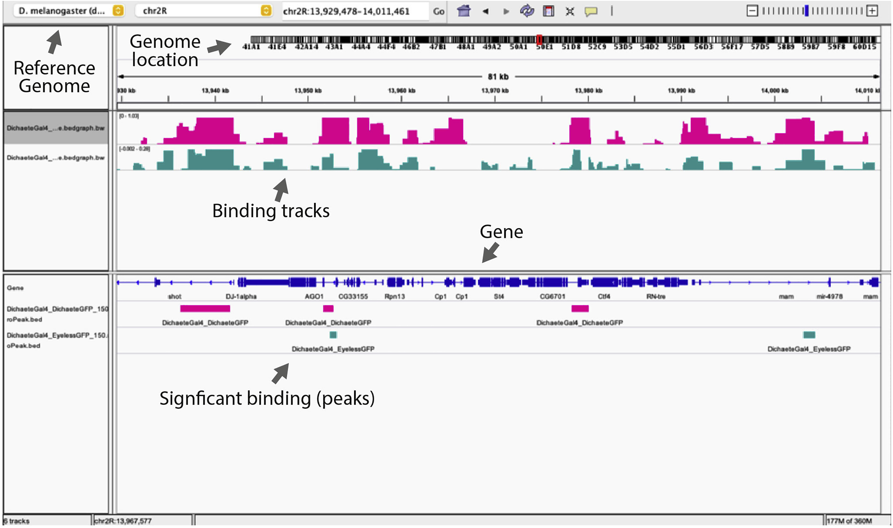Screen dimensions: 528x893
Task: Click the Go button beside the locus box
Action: click(439, 11)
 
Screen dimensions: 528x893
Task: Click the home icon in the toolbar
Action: click(464, 11)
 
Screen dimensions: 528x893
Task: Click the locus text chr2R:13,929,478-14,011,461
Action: click(346, 12)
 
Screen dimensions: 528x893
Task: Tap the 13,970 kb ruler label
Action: click(495, 91)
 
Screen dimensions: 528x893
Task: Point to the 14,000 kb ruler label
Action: click(774, 91)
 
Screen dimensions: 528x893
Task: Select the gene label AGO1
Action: click(314, 296)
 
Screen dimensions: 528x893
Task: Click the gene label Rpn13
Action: click(394, 296)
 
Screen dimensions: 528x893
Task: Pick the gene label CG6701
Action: click(552, 296)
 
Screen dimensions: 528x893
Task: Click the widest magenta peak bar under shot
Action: click(205, 309)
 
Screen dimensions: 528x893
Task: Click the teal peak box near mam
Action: click(809, 335)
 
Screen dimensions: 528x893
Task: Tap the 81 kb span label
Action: click(498, 77)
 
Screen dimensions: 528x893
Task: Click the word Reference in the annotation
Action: click(54, 68)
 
